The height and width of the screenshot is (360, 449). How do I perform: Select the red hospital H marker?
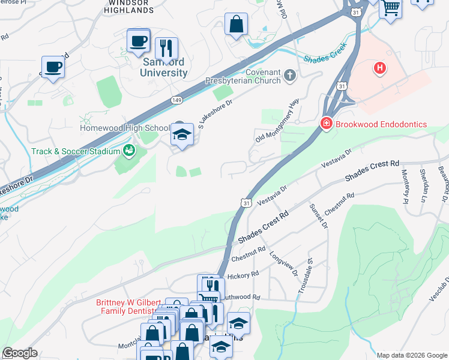pyautogui.click(x=379, y=68)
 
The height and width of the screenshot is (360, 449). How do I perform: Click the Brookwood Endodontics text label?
pyautogui.click(x=381, y=124)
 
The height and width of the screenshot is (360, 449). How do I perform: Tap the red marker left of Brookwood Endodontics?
pyautogui.click(x=326, y=124)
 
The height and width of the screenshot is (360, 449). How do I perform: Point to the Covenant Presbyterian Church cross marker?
pyautogui.click(x=291, y=76)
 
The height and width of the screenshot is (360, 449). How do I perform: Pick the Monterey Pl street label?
pyautogui.click(x=405, y=187)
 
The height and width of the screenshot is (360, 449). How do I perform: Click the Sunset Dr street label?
pyautogui.click(x=318, y=217)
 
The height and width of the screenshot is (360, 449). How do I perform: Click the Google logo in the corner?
pyautogui.click(x=20, y=353)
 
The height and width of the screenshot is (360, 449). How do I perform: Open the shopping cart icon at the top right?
pyautogui.click(x=391, y=8)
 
